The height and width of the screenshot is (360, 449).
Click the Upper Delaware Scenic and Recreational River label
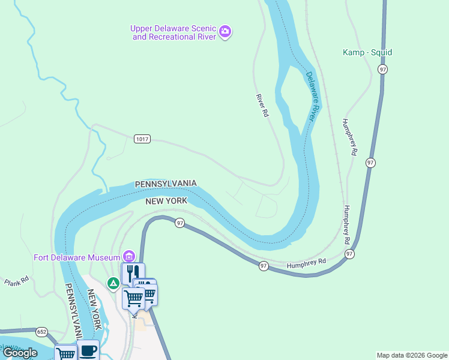point(173,32)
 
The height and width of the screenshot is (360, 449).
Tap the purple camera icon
point(225,31)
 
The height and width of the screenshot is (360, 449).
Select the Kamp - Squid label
point(367,52)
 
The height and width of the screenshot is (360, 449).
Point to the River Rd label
point(261,105)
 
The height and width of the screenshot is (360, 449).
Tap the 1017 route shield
point(142,139)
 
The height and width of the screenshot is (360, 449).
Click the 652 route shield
point(41,331)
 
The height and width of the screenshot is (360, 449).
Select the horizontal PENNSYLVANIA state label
point(166,183)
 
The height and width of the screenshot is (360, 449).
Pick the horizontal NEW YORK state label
point(166,202)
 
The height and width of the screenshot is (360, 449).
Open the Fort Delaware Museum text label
point(77,257)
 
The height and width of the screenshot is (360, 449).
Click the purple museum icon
point(128,257)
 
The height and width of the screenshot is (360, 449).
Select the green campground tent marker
point(112,283)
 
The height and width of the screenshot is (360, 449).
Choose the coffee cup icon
point(89,350)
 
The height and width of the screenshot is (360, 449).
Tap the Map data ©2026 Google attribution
point(412,355)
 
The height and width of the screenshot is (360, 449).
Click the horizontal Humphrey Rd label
point(306,262)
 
